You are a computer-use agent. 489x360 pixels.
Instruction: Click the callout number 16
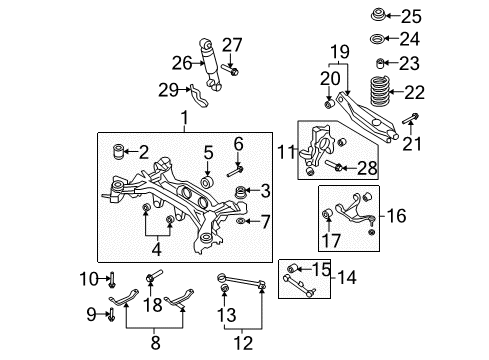pos(397,214)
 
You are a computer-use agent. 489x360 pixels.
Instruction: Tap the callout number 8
pos(153,343)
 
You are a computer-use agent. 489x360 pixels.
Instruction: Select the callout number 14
pos(349,276)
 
